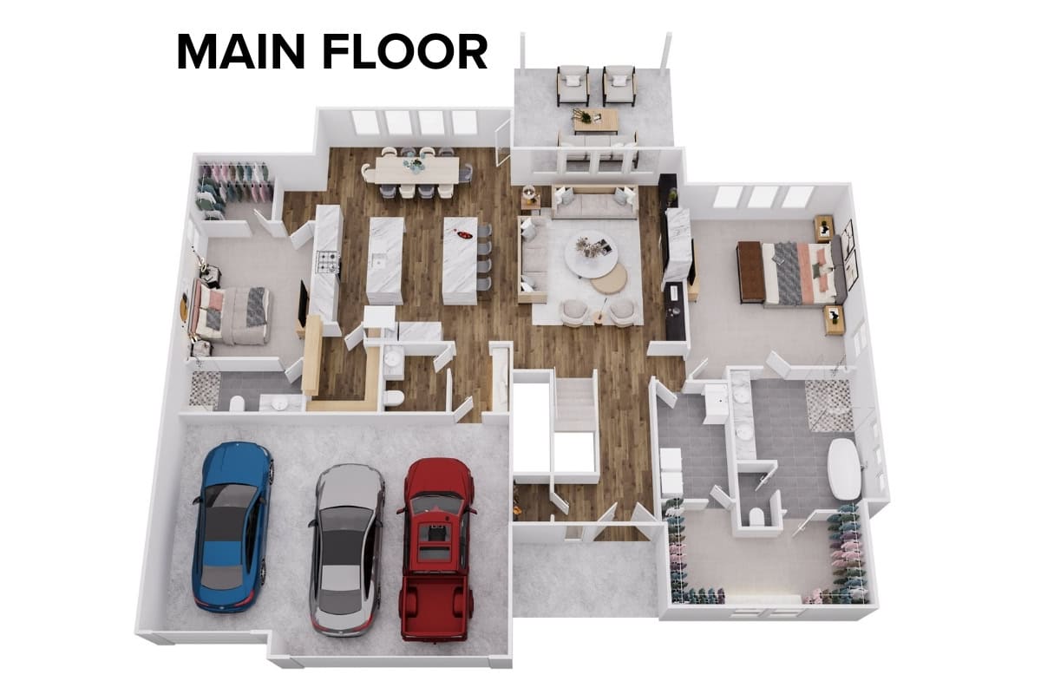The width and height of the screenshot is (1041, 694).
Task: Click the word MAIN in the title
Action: coord(241,52)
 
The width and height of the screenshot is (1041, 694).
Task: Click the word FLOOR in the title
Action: coord(405,52)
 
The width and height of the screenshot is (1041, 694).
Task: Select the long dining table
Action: coord(416,171)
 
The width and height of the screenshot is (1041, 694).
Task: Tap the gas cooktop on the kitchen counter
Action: coord(328,262)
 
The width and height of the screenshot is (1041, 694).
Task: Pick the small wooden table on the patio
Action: coord(596,121)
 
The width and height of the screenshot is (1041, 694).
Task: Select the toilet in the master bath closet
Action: coord(756,516)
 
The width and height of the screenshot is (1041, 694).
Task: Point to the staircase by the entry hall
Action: coord(575,404)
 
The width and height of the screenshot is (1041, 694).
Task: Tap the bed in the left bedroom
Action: coord(231,311)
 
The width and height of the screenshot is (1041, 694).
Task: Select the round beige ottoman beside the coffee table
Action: coord(609,278)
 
